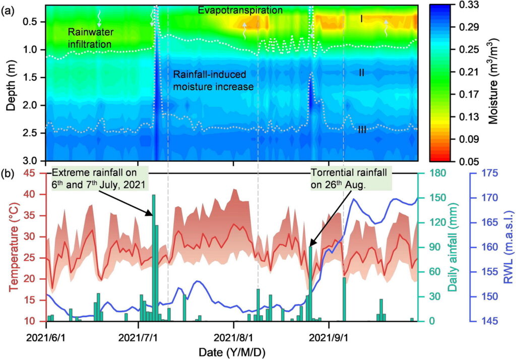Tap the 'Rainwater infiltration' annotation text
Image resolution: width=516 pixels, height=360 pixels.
(x=90, y=38)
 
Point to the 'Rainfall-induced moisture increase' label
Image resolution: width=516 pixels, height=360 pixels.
(x=213, y=80)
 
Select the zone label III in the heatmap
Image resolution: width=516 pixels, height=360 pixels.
(x=362, y=130)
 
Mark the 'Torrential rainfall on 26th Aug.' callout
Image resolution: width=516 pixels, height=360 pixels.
(x=349, y=179)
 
